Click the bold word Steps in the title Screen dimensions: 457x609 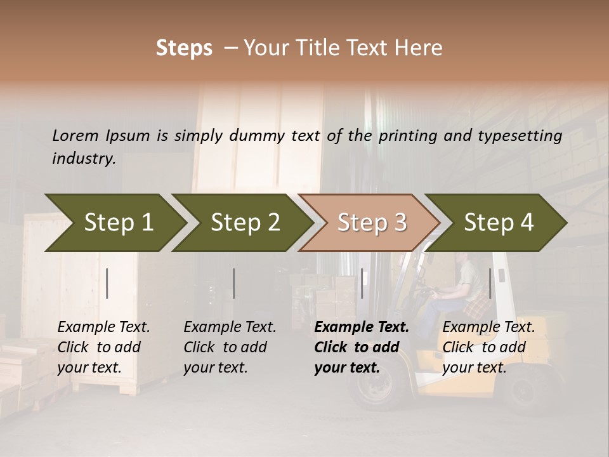184,48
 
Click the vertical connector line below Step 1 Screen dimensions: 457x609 107,283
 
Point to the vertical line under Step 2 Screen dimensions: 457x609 234,283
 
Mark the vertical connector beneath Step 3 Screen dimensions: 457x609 362,283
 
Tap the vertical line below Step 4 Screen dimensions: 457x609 490,283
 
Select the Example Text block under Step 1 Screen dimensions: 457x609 103,347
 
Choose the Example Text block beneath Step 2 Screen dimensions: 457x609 230,347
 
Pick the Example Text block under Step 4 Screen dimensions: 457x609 488,347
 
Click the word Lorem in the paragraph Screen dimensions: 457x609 75,135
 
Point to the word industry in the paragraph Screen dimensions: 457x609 84,159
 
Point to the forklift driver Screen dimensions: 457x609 463,286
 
